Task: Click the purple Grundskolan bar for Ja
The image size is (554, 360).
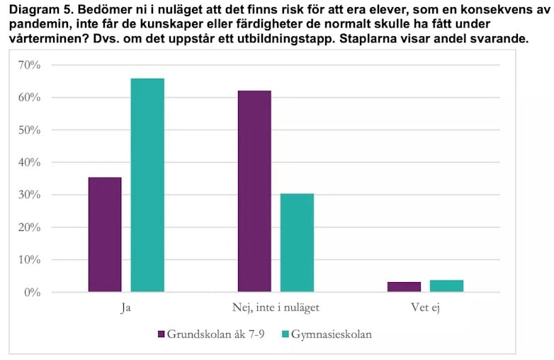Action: [105, 234]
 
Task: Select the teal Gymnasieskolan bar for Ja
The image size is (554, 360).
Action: [147, 185]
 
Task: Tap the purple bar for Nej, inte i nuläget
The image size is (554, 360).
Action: [254, 191]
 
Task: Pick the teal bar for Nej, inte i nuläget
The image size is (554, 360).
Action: [297, 242]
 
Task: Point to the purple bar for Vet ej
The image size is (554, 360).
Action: [404, 287]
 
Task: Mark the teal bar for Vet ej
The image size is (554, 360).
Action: [446, 286]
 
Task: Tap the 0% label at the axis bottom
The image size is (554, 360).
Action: [31, 293]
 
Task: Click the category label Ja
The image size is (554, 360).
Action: [126, 309]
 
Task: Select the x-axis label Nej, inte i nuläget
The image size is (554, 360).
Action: [276, 309]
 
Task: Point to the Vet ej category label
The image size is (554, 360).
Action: [425, 309]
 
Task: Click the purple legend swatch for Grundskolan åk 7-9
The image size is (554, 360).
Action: [161, 334]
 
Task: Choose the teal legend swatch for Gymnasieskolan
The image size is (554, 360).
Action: [286, 334]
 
